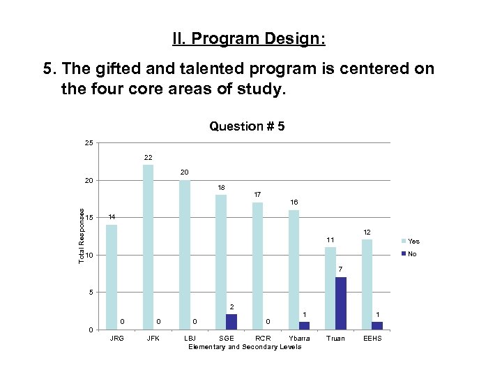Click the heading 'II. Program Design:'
pyautogui.click(x=248, y=38)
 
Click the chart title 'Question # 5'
pyautogui.click(x=247, y=126)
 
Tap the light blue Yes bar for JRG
pyautogui.click(x=112, y=276)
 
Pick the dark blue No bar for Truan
pyautogui.click(x=341, y=303)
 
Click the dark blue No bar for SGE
pyautogui.click(x=231, y=321)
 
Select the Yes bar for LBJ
pyautogui.click(x=185, y=254)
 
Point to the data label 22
pyautogui.click(x=148, y=157)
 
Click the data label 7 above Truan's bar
pyautogui.click(x=340, y=269)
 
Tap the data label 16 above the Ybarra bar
pyautogui.click(x=294, y=202)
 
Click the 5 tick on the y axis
pyautogui.click(x=90, y=292)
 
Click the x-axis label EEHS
pyautogui.click(x=372, y=339)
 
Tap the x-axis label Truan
pyautogui.click(x=335, y=339)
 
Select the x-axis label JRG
pyautogui.click(x=117, y=339)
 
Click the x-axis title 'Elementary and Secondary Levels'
pyautogui.click(x=245, y=347)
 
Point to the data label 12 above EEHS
pyautogui.click(x=367, y=232)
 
